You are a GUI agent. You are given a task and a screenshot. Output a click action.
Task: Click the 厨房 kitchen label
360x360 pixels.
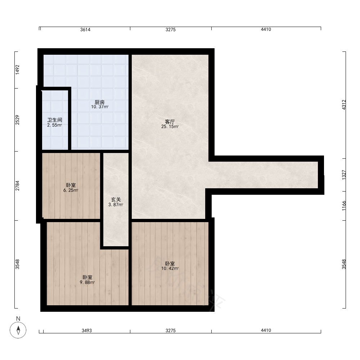(100, 102)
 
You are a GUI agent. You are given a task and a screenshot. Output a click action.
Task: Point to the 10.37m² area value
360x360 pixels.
(100, 107)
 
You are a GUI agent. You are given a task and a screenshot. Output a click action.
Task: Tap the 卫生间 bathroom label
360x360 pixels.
(55, 120)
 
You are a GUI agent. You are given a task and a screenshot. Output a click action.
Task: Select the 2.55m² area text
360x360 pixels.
(55, 125)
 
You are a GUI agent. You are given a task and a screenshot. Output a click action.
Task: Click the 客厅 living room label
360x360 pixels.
(170, 122)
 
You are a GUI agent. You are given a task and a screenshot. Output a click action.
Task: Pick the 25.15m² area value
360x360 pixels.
(170, 126)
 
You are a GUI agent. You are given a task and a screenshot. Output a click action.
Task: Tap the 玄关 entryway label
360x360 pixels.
(116, 200)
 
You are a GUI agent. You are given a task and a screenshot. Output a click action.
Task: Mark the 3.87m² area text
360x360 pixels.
(116, 204)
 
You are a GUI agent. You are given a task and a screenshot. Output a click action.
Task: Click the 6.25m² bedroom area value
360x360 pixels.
(71, 190)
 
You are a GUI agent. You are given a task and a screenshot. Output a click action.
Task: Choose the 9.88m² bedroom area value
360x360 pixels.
(87, 282)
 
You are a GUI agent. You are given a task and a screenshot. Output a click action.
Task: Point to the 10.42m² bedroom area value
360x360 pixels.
(170, 269)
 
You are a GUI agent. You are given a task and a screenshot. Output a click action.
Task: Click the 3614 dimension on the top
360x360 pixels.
(85, 30)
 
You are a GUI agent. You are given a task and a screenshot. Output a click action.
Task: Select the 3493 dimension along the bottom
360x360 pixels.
(87, 330)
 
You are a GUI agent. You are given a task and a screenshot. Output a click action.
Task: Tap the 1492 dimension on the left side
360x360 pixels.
(17, 70)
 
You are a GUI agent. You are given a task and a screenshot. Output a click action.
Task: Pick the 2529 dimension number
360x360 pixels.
(17, 120)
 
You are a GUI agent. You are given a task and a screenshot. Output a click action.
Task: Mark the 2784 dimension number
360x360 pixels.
(17, 186)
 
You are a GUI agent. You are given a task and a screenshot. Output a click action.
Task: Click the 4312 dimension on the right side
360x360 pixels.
(344, 105)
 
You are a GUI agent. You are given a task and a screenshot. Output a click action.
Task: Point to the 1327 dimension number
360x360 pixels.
(344, 175)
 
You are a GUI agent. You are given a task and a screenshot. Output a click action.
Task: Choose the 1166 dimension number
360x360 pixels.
(344, 206)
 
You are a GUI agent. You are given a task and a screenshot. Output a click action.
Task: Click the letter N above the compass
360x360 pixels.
(18, 319)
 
